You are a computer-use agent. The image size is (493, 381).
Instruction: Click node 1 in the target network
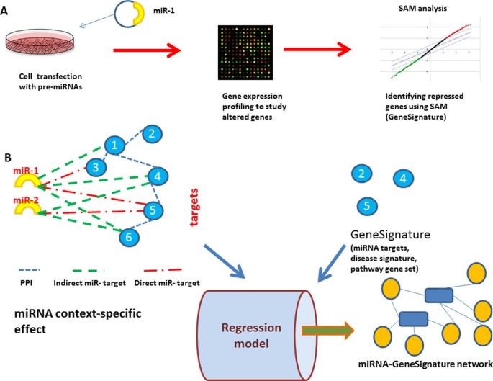point(113,146)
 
